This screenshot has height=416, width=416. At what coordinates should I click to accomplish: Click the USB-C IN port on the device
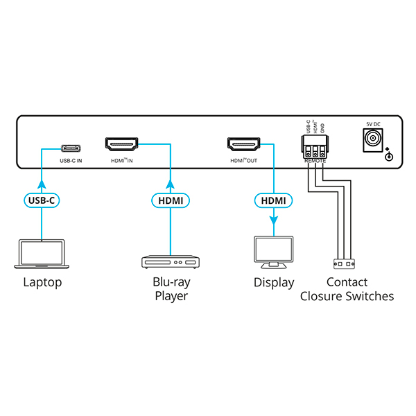click(x=71, y=148)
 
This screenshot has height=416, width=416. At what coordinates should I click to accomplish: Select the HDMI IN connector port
click(x=121, y=145)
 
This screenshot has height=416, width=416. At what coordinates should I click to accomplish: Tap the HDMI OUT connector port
click(x=243, y=145)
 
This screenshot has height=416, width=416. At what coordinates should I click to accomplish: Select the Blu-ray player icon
click(x=170, y=263)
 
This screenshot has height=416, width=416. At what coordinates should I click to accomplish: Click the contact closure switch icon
click(x=345, y=263)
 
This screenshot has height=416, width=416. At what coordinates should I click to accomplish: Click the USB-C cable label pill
click(x=42, y=201)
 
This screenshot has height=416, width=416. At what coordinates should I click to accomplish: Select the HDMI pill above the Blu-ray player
click(x=170, y=201)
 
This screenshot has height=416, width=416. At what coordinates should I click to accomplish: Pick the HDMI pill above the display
click(x=272, y=201)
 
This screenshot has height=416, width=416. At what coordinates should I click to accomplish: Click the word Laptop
click(x=42, y=282)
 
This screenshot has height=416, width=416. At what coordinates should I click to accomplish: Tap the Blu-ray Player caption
click(x=170, y=289)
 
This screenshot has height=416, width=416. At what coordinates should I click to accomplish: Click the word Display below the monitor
click(x=273, y=282)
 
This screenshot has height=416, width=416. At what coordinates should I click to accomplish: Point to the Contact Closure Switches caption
click(x=346, y=289)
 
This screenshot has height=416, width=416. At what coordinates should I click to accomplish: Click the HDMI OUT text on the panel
click(x=243, y=161)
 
